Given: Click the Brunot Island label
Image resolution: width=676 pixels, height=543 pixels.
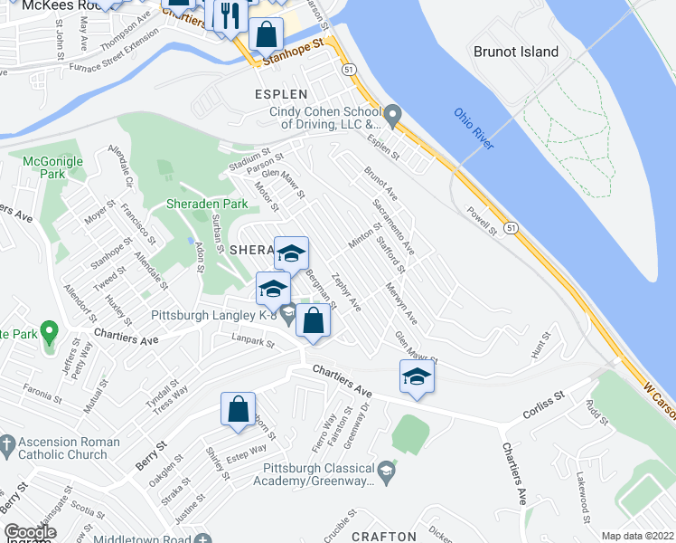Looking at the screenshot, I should click(x=516, y=52).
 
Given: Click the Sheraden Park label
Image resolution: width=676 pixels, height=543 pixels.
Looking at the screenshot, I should click(x=206, y=204).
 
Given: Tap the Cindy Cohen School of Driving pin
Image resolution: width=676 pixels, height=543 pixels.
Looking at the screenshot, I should click(x=392, y=116).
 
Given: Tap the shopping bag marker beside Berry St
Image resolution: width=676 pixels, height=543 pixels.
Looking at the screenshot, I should click(x=239, y=407).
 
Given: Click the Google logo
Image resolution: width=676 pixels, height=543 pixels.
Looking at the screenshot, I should click(x=30, y=532).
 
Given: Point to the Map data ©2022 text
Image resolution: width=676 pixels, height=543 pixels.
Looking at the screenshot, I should click(x=638, y=536).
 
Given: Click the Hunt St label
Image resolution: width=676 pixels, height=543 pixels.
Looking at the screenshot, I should click(x=540, y=344).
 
